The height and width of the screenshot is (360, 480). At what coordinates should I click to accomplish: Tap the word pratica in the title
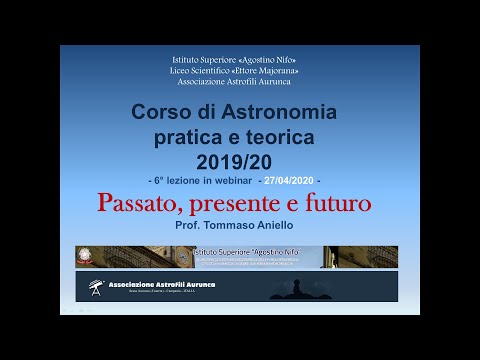tap(193, 135)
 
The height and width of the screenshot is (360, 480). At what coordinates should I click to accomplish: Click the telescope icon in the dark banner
tap(93, 286)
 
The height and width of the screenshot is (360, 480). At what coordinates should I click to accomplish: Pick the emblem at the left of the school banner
tap(93, 256)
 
